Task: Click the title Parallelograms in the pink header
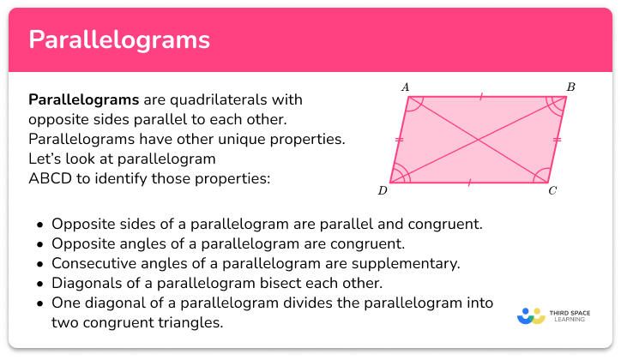(x=119, y=40)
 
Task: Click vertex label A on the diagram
(x=404, y=87)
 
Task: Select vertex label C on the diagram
(x=553, y=191)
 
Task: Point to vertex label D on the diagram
(x=382, y=191)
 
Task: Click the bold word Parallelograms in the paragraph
(x=83, y=100)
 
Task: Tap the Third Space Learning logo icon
(x=532, y=315)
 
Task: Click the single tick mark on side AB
(x=481, y=97)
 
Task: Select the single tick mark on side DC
(x=469, y=182)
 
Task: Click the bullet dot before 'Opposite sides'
(x=40, y=225)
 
